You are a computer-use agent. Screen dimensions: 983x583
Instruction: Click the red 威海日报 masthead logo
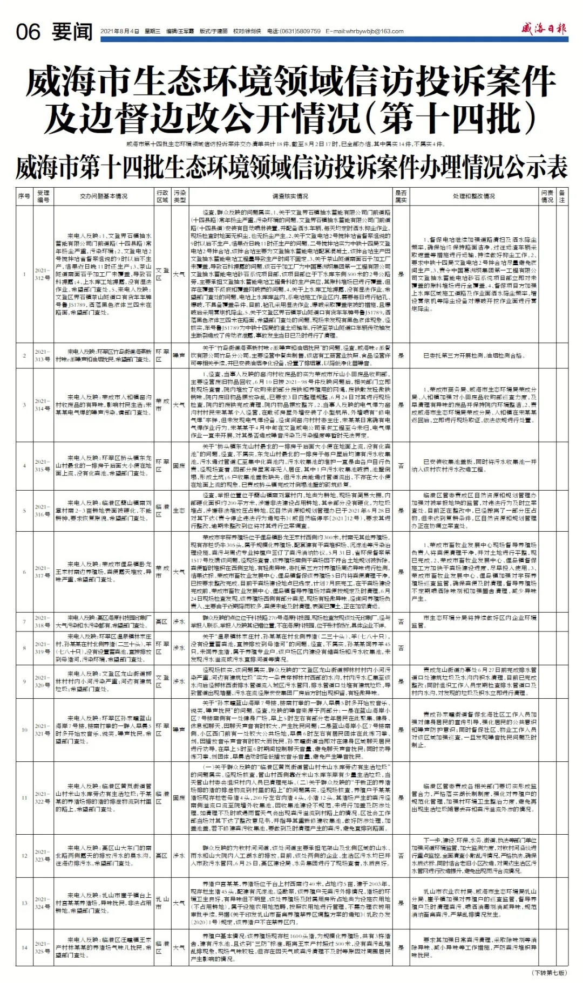click(544, 29)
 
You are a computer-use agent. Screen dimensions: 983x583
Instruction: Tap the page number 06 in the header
click(28, 32)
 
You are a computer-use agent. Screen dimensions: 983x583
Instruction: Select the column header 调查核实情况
click(290, 196)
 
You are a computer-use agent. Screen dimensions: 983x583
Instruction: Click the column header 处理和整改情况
click(473, 196)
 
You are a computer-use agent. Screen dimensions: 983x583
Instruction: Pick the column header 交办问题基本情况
click(104, 196)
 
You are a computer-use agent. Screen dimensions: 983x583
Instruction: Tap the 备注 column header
click(562, 196)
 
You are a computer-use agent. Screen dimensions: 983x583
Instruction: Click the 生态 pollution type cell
click(179, 511)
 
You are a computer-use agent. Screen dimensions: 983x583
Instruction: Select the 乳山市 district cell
click(162, 903)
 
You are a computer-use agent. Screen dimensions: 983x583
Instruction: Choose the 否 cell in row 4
click(401, 466)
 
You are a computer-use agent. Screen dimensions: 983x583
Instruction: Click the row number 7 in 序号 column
click(24, 622)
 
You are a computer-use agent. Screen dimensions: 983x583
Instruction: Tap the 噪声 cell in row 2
click(179, 356)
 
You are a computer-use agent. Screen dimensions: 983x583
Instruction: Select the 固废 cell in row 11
click(179, 798)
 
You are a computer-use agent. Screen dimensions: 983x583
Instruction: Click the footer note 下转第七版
click(550, 972)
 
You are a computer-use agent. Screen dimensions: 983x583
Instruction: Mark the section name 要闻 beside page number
click(72, 32)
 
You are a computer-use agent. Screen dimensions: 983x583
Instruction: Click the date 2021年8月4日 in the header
click(120, 32)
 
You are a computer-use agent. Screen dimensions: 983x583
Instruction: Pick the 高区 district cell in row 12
click(161, 855)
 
